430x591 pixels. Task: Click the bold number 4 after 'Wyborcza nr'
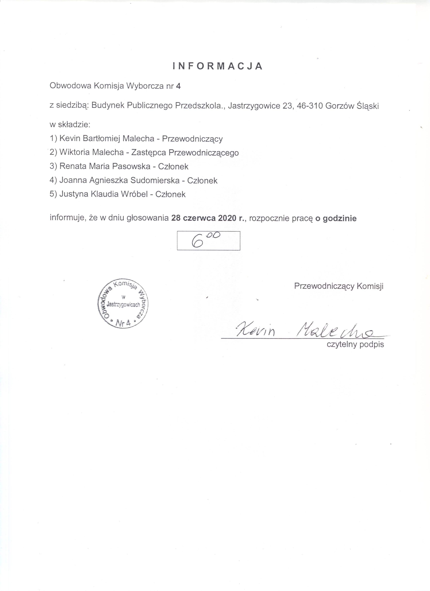178,86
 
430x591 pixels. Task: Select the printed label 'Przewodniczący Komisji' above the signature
339,286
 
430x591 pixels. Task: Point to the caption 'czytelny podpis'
355,344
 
